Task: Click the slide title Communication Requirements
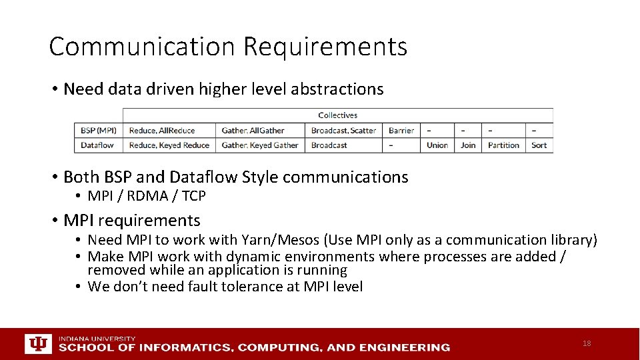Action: [228, 47]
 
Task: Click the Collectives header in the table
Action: [337, 115]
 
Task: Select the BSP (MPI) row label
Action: [98, 131]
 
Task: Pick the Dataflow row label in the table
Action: [97, 145]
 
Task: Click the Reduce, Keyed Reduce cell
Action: [169, 145]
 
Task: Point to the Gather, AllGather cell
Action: [253, 131]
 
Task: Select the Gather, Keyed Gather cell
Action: [260, 145]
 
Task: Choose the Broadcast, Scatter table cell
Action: [343, 131]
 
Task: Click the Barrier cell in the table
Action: [401, 131]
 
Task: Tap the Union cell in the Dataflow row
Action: [437, 145]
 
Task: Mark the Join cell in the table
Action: [468, 145]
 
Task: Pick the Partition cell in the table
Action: [503, 145]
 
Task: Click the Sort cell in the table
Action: [539, 145]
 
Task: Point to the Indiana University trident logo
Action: [38, 344]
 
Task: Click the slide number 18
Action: [587, 343]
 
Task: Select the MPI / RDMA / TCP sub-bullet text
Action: [147, 196]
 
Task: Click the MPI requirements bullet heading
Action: [131, 221]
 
